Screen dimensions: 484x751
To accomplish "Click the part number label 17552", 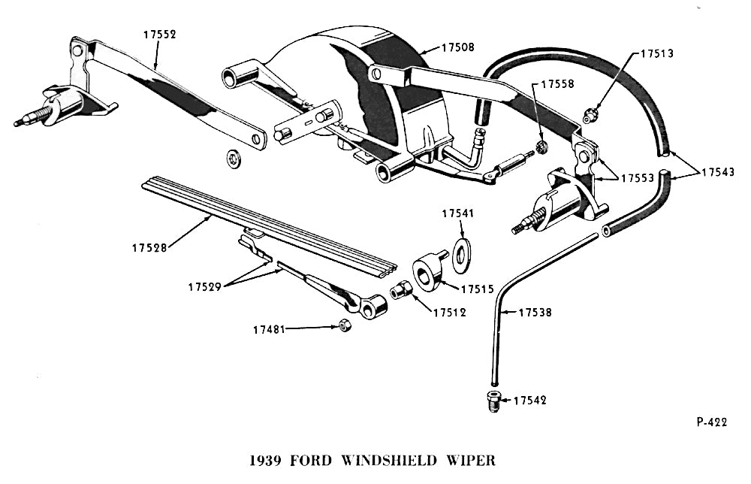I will click(x=158, y=34).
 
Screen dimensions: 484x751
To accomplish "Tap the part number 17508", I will click(x=457, y=47).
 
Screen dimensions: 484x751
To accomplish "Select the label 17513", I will click(x=657, y=54).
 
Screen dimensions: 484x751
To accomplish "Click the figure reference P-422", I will click(x=711, y=422).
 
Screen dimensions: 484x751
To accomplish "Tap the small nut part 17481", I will click(x=345, y=325).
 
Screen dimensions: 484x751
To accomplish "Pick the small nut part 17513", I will click(x=590, y=115).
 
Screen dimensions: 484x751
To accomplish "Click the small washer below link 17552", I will click(x=234, y=159).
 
